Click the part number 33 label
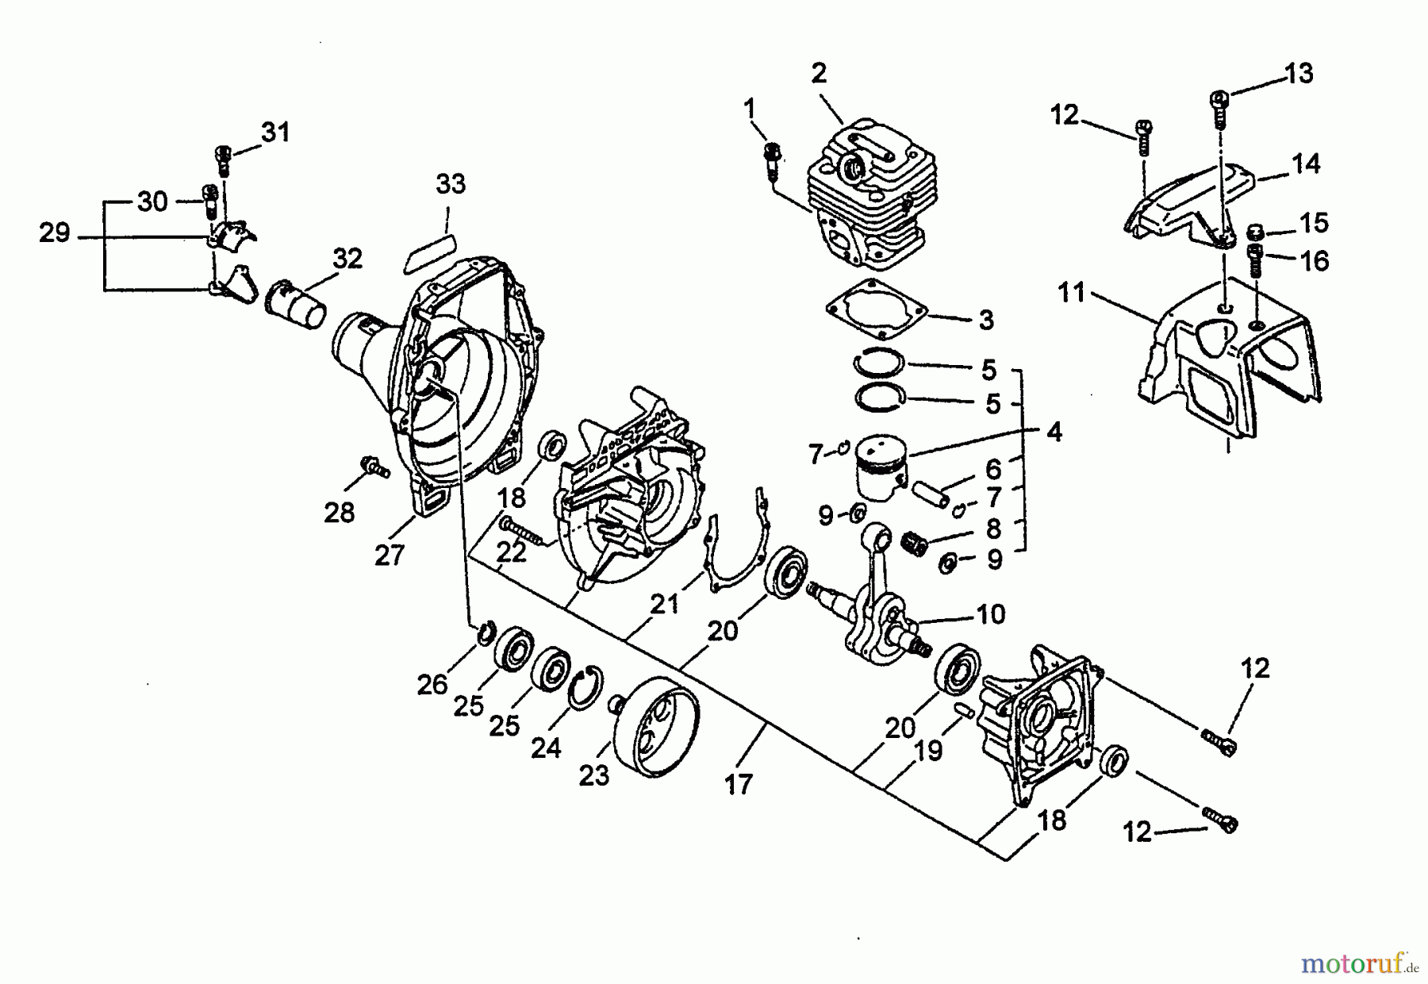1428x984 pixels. point(451,184)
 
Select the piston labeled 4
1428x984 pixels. point(882,468)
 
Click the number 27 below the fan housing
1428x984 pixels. point(390,555)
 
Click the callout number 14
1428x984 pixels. point(1306,164)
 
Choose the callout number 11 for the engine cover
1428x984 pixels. point(1071,293)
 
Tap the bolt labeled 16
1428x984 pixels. point(1255,260)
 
